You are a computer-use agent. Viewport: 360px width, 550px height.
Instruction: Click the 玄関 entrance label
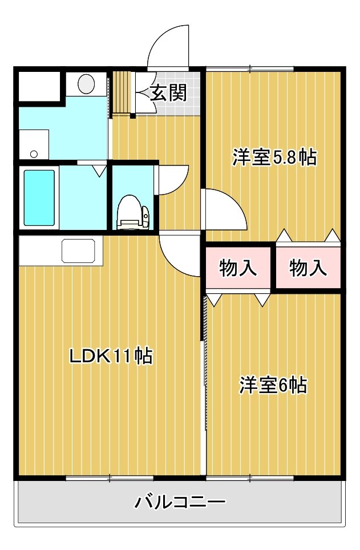(168, 93)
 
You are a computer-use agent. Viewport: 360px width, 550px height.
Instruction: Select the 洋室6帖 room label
(273, 385)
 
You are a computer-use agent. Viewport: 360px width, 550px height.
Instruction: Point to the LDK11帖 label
(111, 356)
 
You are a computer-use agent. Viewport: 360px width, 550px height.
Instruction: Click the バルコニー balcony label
(180, 502)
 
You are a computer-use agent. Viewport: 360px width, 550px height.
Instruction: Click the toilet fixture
(133, 212)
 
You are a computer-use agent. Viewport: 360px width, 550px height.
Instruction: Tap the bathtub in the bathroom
(39, 198)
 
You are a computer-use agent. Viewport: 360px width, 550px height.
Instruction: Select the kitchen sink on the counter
(79, 251)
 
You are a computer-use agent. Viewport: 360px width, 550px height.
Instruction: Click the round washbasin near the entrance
(86, 83)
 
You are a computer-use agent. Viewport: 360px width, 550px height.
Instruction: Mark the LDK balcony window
(110, 478)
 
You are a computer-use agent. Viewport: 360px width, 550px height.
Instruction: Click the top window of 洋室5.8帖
(250, 68)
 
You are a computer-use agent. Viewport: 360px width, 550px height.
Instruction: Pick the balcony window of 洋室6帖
(250, 478)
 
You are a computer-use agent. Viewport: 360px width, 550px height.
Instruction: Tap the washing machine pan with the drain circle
(34, 144)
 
